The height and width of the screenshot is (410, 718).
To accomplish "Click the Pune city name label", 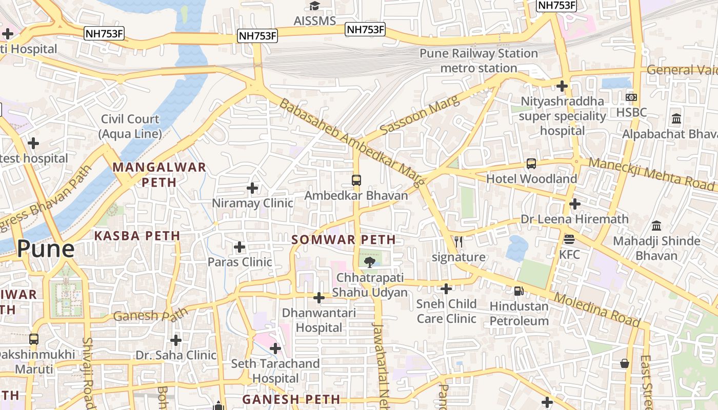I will pyautogui.click(x=46, y=249).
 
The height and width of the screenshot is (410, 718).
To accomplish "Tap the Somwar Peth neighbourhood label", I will pyautogui.click(x=344, y=239).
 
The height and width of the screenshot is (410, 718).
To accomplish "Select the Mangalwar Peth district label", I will pyautogui.click(x=159, y=174).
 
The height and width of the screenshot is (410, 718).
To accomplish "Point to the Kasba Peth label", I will pyautogui.click(x=137, y=236).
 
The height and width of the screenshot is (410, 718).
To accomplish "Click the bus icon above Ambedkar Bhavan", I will pyautogui.click(x=356, y=180).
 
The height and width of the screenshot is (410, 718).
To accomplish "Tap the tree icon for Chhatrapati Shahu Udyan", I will pyautogui.click(x=369, y=263).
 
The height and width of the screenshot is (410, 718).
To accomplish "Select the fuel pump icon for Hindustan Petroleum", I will pyautogui.click(x=519, y=291).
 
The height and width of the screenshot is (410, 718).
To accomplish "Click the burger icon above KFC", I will pyautogui.click(x=569, y=239).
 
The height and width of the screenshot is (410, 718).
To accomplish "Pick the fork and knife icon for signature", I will pyautogui.click(x=458, y=242).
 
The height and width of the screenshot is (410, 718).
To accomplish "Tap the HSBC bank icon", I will pyautogui.click(x=631, y=97).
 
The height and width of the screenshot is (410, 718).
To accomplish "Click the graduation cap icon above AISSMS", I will pyautogui.click(x=314, y=6).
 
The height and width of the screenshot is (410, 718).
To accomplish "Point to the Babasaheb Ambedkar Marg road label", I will pyautogui.click(x=352, y=142).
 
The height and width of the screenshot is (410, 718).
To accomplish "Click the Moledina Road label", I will pyautogui.click(x=597, y=310).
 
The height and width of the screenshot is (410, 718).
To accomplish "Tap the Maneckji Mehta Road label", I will pyautogui.click(x=651, y=174).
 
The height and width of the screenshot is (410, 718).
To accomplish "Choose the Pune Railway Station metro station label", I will pyautogui.click(x=479, y=60).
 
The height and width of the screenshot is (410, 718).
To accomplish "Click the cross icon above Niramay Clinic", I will pyautogui.click(x=252, y=188).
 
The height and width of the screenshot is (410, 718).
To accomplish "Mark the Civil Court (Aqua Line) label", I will pyautogui.click(x=130, y=126).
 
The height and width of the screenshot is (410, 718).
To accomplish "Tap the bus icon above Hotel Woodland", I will pyautogui.click(x=531, y=164).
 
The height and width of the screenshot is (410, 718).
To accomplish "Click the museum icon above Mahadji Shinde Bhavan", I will pyautogui.click(x=656, y=225).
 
